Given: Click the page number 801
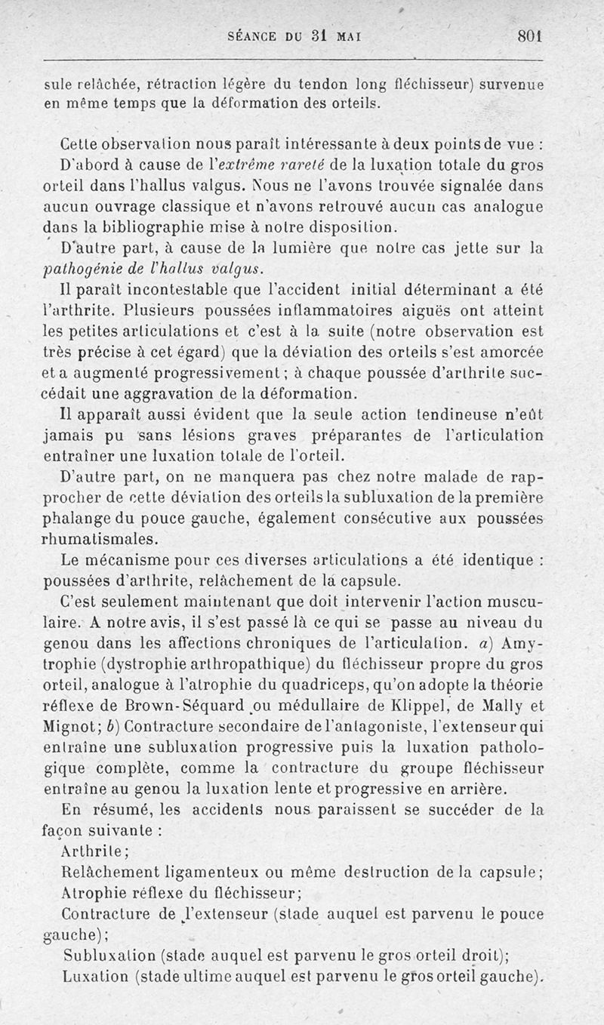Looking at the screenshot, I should pos(531,36).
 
